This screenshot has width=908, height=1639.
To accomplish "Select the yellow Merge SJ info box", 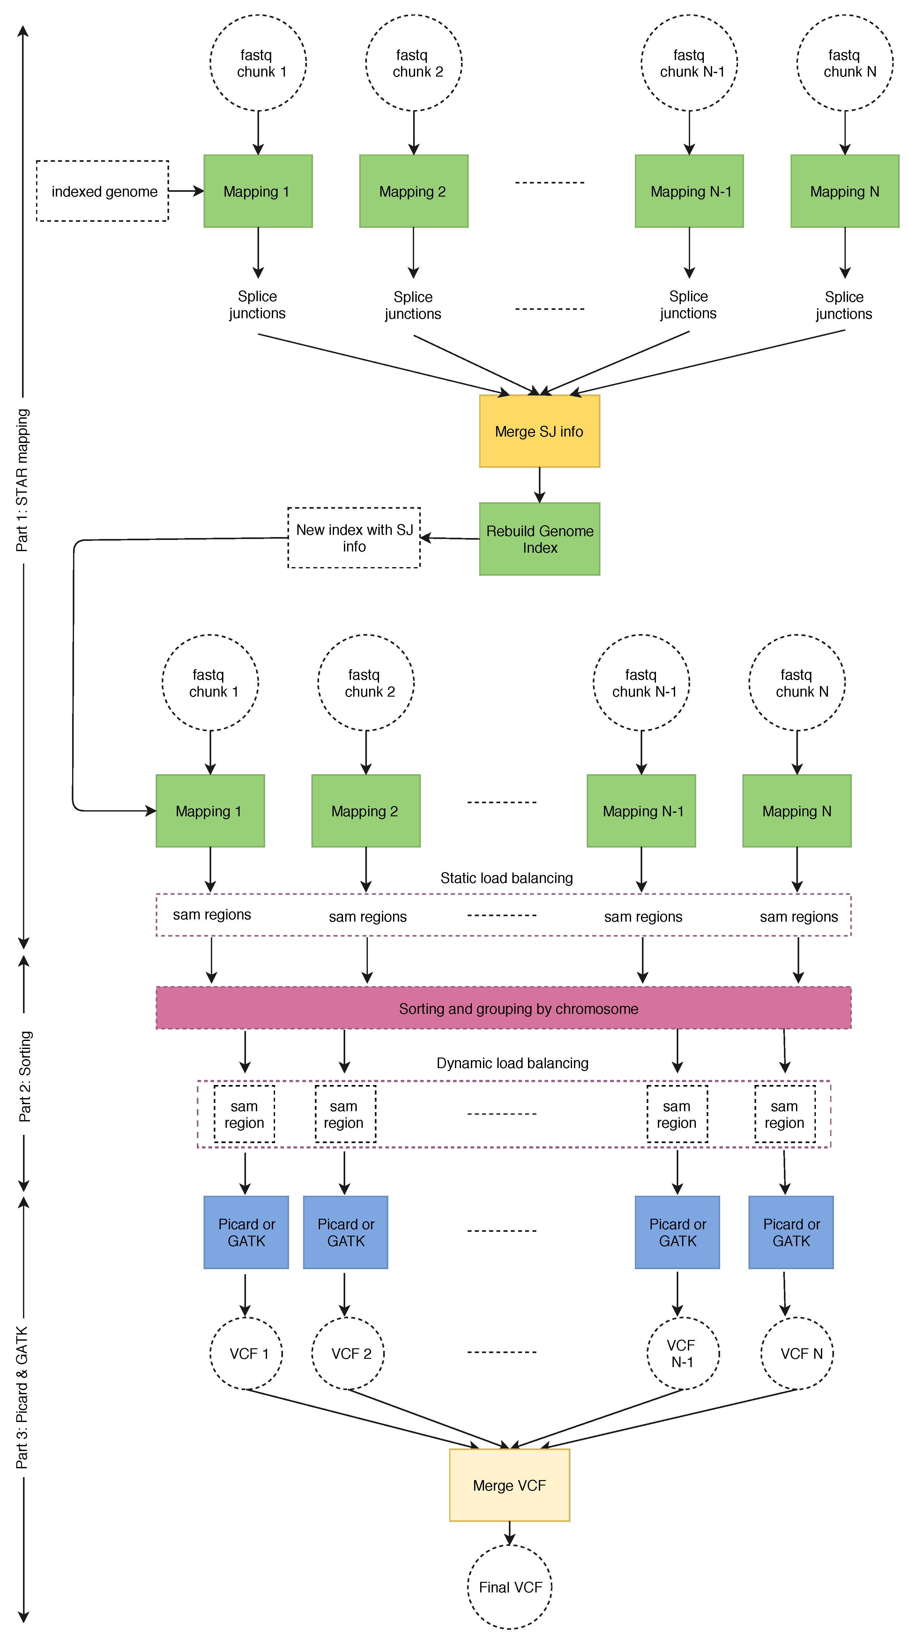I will click(x=539, y=431).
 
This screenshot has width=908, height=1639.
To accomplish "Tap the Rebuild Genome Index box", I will click(x=539, y=539).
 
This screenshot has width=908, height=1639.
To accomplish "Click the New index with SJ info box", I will click(x=354, y=538).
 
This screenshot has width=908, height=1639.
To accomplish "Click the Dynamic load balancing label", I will click(x=512, y=1063).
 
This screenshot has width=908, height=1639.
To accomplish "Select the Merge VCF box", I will click(x=509, y=1485).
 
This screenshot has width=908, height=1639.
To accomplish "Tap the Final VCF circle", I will click(x=510, y=1587).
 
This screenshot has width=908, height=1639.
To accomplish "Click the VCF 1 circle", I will click(x=246, y=1353).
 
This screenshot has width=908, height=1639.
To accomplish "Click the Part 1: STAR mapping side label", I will click(x=22, y=480).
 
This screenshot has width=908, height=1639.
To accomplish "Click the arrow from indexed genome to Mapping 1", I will click(x=186, y=190).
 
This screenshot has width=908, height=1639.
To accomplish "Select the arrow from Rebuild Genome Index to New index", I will click(x=450, y=538).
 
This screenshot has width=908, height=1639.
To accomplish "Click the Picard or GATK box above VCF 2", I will click(x=345, y=1232).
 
